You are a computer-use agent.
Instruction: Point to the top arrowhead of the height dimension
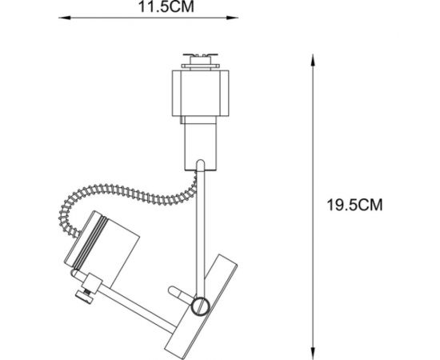[310, 57]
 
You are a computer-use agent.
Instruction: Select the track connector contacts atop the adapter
[202, 58]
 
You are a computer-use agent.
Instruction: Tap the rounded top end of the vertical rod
[199, 166]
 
